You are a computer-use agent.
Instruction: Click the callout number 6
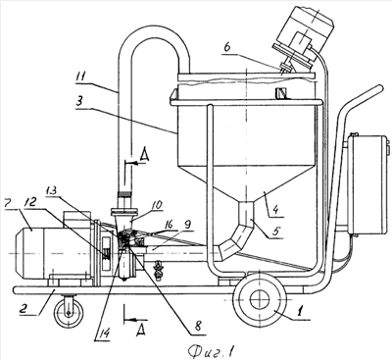pyautogui.click(x=227, y=47)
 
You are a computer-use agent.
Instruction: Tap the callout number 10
pyautogui.click(x=157, y=205)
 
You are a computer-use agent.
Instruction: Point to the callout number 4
pyautogui.click(x=276, y=208)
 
